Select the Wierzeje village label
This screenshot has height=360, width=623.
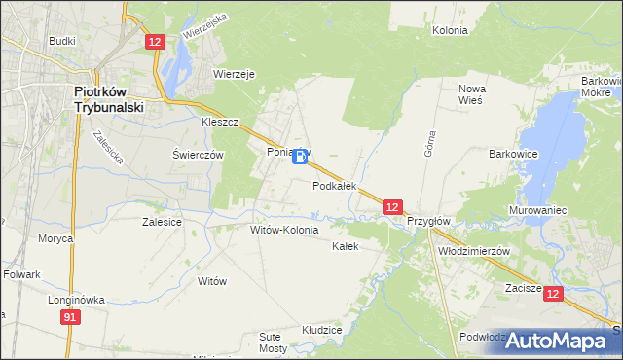coord(234,73)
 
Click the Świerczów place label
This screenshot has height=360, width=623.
coord(198,155)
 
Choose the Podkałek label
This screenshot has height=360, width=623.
coord(334,185)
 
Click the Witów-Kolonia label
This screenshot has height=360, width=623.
coord(284,230)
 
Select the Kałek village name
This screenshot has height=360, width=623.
coord(346,246)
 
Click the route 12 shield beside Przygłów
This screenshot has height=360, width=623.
coord(391,207)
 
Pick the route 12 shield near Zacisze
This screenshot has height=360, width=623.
coord(553,293)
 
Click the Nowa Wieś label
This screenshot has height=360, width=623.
coord(472,95)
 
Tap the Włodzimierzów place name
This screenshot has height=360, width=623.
coord(474,250)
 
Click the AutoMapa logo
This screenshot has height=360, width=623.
coord(557,341)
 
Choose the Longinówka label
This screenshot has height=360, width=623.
coord(76,301)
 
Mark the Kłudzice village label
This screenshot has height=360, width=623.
coord(321,331)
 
